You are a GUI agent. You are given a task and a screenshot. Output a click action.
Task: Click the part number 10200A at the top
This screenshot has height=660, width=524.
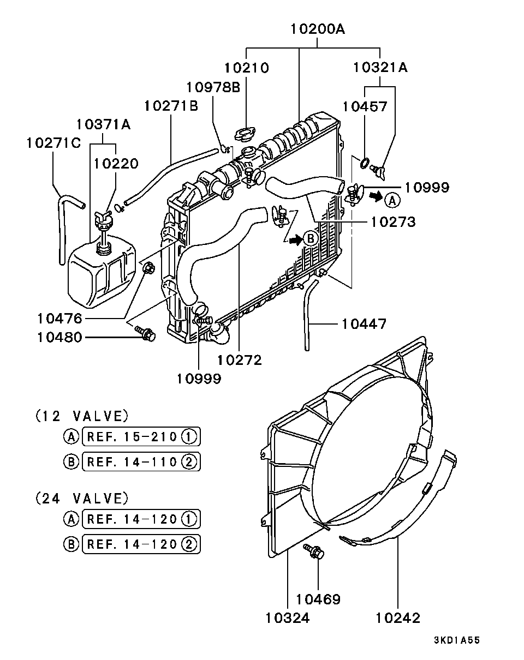pyautogui.click(x=318, y=29)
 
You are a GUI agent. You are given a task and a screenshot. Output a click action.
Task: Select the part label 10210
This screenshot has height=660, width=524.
pyautogui.click(x=246, y=68)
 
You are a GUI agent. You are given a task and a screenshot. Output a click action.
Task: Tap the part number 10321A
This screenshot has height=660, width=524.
pyautogui.click(x=380, y=68)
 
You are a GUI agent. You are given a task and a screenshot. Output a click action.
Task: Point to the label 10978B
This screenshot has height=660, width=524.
pyautogui.click(x=213, y=87)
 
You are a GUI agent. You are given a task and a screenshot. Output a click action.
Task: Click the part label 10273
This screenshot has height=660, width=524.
pyautogui.click(x=393, y=222)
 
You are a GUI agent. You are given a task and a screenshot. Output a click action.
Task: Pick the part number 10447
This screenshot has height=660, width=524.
pyautogui.click(x=364, y=324)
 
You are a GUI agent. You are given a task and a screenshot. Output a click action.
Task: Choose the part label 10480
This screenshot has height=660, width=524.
pyautogui.click(x=59, y=338)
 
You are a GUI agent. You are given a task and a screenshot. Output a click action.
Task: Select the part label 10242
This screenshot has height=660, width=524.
pyautogui.click(x=398, y=618)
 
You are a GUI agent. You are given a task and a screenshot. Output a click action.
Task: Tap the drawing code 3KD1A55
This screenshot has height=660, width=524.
pyautogui.click(x=457, y=640)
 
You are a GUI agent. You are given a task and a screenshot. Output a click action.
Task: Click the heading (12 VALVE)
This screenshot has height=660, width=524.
pyautogui.click(x=82, y=416)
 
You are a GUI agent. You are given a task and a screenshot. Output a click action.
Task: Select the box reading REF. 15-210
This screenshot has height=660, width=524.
pyautogui.click(x=141, y=437)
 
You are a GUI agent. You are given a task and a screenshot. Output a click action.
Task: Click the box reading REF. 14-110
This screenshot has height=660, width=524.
pyautogui.click(x=141, y=462)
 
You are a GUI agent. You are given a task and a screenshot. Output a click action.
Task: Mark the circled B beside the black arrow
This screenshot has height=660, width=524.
pyautogui.click(x=310, y=238)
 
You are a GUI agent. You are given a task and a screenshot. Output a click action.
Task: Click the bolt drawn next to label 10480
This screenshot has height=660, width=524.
pyautogui.click(x=145, y=333)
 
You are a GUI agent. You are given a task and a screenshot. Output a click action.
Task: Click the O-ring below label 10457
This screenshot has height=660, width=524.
pyautogui.click(x=364, y=162)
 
